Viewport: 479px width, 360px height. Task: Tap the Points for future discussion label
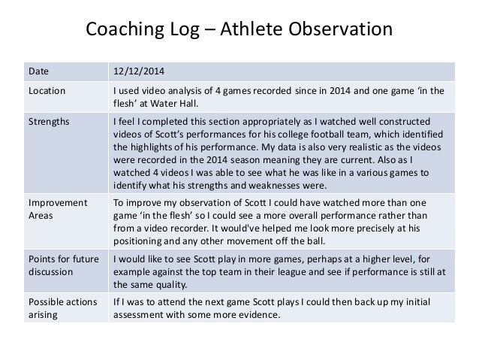[62, 265]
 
